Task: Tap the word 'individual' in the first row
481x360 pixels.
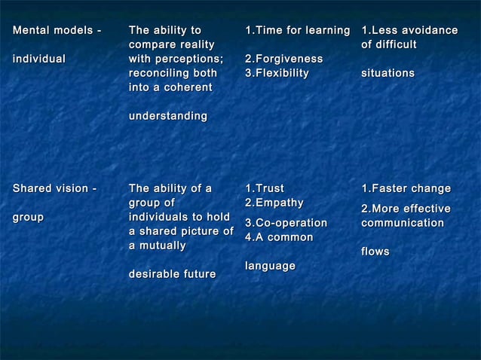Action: [39, 59]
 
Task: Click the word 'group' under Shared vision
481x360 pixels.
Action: [29, 217]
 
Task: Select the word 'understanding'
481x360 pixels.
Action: [168, 116]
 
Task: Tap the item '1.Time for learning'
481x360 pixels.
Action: [298, 31]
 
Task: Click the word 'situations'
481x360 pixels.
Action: [388, 73]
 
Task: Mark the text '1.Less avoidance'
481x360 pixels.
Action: [409, 31]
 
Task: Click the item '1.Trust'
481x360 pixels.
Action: [265, 188]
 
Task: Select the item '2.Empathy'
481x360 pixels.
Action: [274, 203]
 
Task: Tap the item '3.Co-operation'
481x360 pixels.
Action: [286, 223]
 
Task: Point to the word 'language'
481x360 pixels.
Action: [270, 266]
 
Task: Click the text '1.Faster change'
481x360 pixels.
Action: [406, 188]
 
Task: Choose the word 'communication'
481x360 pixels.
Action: [403, 224]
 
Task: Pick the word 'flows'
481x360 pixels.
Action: [375, 252]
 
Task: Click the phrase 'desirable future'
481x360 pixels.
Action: [173, 273]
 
